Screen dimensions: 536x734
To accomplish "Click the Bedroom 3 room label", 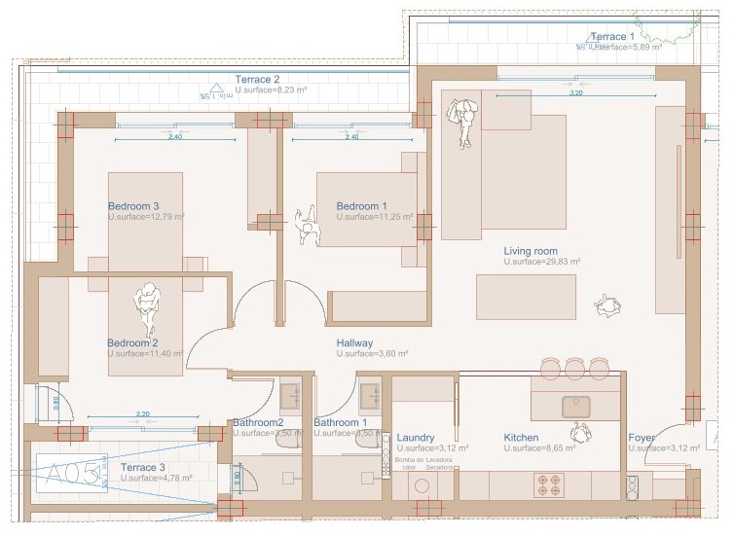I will tap(133, 206).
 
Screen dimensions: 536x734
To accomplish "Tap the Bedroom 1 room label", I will tap(362, 206).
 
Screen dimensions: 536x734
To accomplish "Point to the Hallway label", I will tap(355, 343).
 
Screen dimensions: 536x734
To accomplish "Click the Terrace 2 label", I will tap(257, 79).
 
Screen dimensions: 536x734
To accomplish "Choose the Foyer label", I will tap(642, 438).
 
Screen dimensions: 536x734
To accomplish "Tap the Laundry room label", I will tap(416, 438).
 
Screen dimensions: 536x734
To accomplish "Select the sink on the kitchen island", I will tap(574, 405).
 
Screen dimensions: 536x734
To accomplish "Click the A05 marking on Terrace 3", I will tap(73, 474).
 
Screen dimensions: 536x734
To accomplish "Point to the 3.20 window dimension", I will tap(575, 93).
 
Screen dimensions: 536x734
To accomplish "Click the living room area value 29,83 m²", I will tap(542, 263).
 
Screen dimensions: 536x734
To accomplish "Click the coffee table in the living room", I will tap(526, 297).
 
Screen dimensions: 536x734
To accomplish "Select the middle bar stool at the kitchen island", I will tap(575, 368).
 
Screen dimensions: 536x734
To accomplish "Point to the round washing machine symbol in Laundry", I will tap(422, 485).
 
